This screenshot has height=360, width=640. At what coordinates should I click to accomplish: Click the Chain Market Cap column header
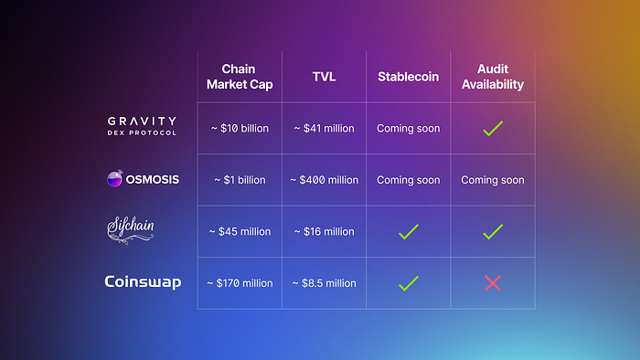[x=240, y=77]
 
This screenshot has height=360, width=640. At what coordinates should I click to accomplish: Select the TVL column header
[x=324, y=77]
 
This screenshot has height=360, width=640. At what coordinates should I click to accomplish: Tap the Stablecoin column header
[x=408, y=77]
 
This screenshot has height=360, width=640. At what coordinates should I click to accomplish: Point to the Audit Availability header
[x=493, y=77]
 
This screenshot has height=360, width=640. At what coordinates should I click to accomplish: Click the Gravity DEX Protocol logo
[x=142, y=126]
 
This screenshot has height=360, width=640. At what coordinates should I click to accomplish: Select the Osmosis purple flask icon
[x=114, y=178]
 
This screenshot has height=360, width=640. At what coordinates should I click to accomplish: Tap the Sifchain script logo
[x=131, y=230]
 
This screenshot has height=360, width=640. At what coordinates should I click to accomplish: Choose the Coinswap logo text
[x=143, y=282]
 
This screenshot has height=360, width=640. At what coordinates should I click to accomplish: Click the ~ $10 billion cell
[x=240, y=129]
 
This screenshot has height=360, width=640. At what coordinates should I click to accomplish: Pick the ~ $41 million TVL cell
[x=324, y=129]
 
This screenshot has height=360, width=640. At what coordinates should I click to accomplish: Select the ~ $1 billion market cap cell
[x=240, y=180]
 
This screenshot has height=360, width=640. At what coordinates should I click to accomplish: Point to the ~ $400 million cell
[x=324, y=180]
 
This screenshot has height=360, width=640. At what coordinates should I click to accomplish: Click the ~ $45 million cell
[x=240, y=231]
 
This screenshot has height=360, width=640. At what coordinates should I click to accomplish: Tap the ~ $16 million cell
[x=324, y=231]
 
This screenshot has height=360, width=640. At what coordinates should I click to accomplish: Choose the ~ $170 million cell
[x=240, y=283]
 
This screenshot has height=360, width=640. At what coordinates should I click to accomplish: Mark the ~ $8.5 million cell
[x=324, y=283]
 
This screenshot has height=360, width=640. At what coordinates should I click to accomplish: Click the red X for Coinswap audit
[x=493, y=283]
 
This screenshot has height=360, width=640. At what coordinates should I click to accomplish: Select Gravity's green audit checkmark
[x=493, y=129]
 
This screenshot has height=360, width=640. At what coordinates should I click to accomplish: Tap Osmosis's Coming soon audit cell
[x=493, y=180]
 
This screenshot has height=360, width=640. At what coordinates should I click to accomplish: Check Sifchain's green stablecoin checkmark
[x=408, y=232]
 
